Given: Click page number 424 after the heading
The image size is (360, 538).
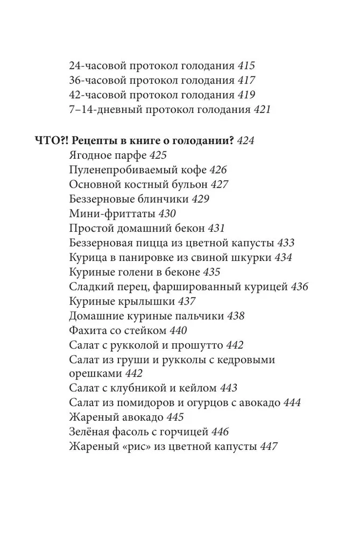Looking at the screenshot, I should click(x=244, y=141).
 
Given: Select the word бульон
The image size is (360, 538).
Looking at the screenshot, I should click(x=191, y=185).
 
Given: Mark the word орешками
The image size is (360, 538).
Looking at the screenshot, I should click(x=95, y=373).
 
